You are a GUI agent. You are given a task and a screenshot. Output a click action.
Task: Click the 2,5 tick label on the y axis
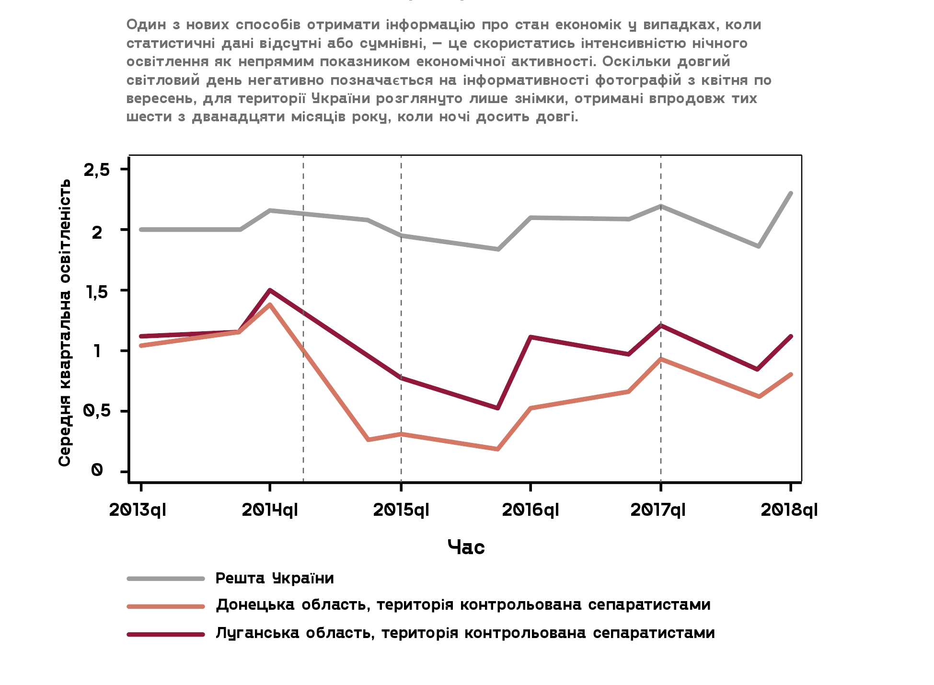pos(97,170)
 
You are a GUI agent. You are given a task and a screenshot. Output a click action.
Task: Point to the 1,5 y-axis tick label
pos(97,291)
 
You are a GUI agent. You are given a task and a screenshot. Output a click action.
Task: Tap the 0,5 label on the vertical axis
pos(97,411)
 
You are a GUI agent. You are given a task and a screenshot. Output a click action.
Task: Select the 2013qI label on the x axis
pos(138,510)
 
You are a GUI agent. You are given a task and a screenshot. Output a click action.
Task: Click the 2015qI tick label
pos(401,510)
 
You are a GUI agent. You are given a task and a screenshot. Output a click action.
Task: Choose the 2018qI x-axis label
pos(789,510)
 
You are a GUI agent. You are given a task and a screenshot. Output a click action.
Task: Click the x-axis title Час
pos(466,547)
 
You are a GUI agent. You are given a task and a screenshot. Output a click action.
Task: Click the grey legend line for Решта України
pos(166,579)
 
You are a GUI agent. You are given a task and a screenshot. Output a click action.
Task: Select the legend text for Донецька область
pos(463,605)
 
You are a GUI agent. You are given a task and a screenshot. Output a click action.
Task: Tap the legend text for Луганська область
pos(465,633)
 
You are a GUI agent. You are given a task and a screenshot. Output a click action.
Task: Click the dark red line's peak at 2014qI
pos(270,290)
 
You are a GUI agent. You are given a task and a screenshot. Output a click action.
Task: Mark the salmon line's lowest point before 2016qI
pos(497,449)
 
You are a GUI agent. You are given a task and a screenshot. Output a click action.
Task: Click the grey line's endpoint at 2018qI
pos(791,193)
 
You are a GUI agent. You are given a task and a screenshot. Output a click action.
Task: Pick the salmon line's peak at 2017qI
pos(661,359)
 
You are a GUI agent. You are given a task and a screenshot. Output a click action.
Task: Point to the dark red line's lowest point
pos(498,408)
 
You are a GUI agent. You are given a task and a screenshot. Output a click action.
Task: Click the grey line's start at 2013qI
pos(141,230)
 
